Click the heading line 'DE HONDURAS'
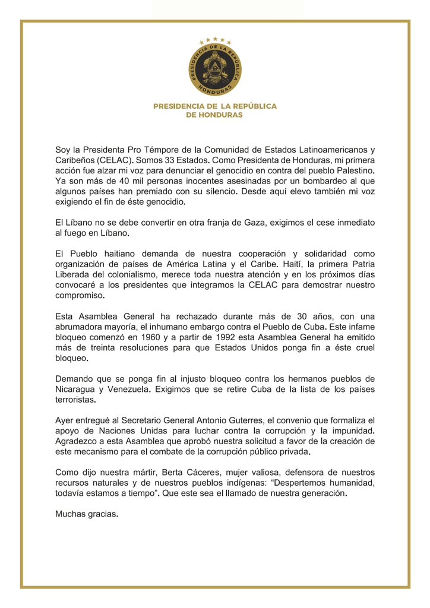[x=214, y=115]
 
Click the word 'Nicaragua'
[x=75, y=389]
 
